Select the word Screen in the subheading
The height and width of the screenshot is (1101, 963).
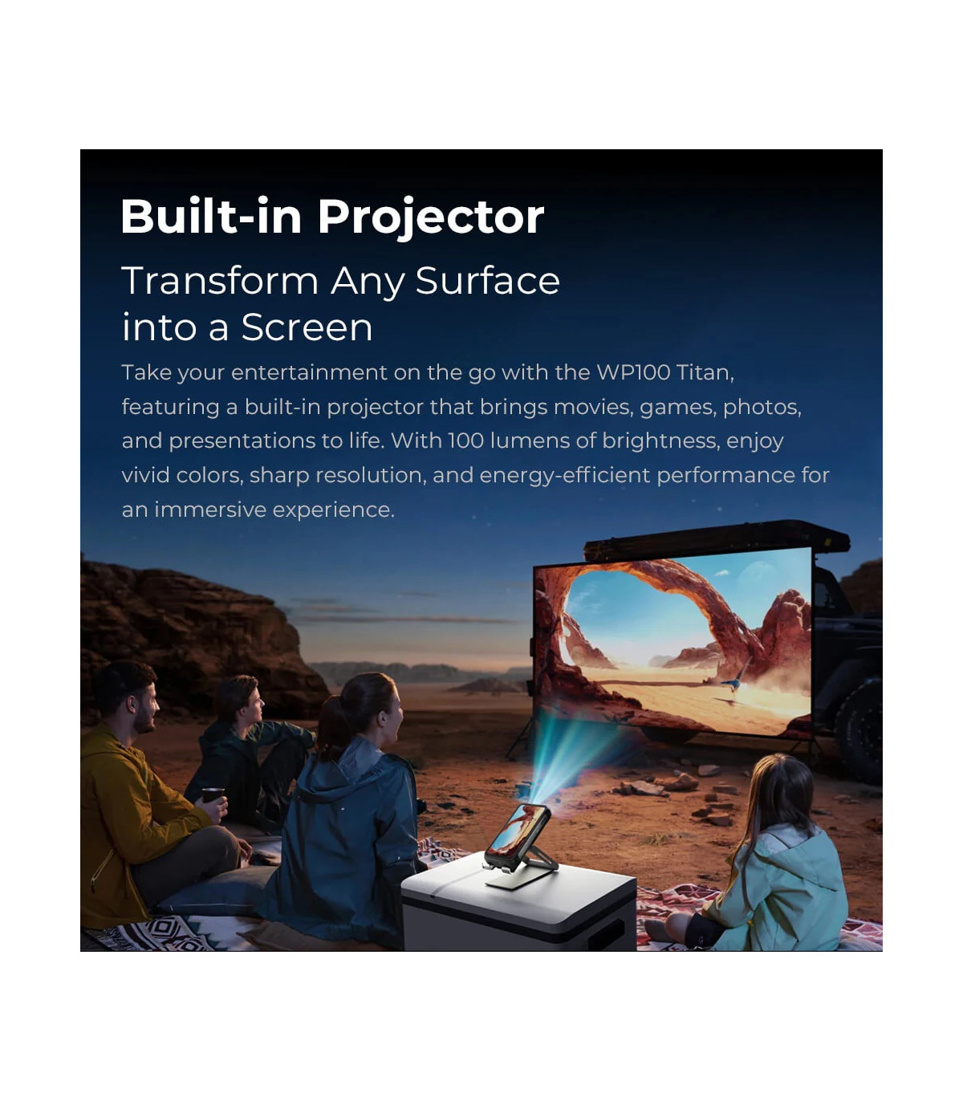(307, 327)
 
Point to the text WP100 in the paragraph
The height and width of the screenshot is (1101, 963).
(634, 372)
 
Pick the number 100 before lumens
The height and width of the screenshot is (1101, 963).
(466, 441)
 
